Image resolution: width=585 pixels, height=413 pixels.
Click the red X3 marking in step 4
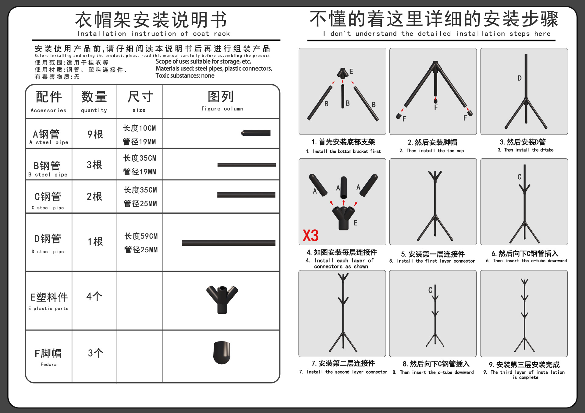[310, 236]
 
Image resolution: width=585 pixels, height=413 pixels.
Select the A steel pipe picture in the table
[256, 133]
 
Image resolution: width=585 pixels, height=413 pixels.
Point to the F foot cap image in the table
[222, 353]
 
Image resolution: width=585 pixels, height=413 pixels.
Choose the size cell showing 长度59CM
[141, 236]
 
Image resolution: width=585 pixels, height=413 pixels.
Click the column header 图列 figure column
[222, 101]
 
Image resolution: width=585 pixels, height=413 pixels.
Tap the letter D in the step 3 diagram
[519, 78]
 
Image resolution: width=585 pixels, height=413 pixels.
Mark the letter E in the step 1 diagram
[351, 72]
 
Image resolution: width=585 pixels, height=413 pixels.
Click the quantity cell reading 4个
[94, 296]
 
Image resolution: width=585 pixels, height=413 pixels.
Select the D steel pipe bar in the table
[229, 243]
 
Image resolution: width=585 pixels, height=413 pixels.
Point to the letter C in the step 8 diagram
[430, 290]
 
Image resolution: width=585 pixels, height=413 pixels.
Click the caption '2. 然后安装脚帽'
[432, 142]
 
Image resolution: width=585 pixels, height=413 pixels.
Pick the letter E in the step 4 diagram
[355, 223]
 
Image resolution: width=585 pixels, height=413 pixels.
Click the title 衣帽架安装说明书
[151, 20]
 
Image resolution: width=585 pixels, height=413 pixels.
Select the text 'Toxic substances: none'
[185, 75]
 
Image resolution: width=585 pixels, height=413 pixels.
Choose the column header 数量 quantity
[94, 102]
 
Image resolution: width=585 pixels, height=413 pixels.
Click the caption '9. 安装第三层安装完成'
[524, 365]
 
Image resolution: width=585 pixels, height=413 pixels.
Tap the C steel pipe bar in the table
[246, 195]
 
